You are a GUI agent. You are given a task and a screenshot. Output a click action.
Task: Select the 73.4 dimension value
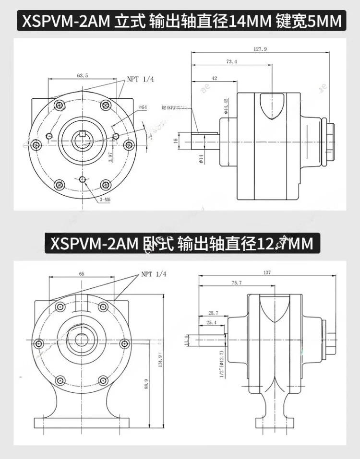tap(231, 62)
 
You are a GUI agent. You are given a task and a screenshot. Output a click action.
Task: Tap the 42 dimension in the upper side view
tap(214, 78)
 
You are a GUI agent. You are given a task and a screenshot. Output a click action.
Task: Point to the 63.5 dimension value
tap(83, 75)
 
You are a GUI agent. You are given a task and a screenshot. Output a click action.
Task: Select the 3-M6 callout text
tap(106, 199)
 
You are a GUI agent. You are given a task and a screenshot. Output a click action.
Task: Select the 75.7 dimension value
tap(236, 283)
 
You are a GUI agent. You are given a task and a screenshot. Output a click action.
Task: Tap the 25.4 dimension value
tap(211, 322)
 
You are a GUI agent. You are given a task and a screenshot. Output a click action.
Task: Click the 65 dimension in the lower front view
tap(82, 273)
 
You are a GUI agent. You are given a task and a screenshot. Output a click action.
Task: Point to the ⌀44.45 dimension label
tap(225, 106)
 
